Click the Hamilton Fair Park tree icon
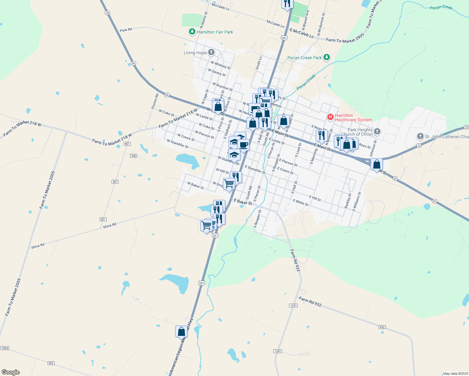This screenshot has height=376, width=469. pos(192,32)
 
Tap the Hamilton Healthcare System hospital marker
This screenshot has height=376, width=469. pos(330,117)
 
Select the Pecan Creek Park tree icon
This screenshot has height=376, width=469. pos(327,57)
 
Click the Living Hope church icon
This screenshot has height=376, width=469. pos(211,52)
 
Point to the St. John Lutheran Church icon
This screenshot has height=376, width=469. pos(420,136)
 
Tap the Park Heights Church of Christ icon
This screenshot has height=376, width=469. pos(377,132)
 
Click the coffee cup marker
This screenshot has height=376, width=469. pos(243,145)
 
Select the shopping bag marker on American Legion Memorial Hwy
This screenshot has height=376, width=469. pos(181,331)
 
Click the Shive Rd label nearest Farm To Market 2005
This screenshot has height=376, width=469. pos(38,246)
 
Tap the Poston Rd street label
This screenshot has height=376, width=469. pos(155,101)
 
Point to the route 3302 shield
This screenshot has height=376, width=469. pos(5,348)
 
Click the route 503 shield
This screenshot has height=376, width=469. pos(51,363)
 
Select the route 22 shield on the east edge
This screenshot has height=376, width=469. pos(466,127)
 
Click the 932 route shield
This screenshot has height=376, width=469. pos(382,327)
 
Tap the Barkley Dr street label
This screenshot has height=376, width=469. pos(348,201)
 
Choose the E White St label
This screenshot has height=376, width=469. pos(300,202)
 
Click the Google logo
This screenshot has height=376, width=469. pos(10,372)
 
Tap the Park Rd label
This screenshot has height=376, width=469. pos(126,30)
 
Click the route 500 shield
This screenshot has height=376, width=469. pos(134,156)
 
